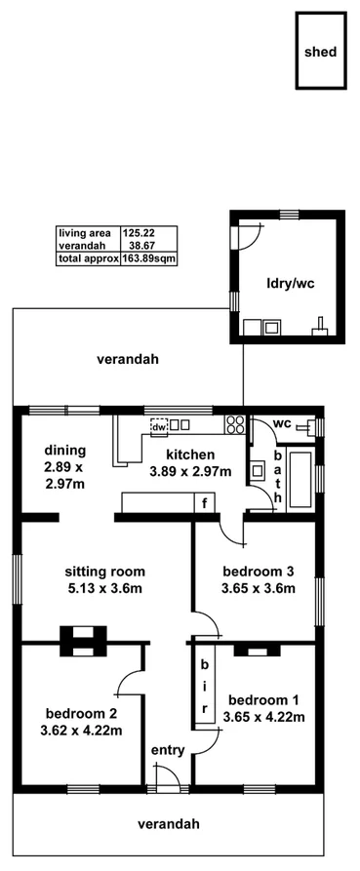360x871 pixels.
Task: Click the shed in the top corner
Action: [x=320, y=51]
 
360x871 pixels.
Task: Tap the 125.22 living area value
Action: [x=138, y=233]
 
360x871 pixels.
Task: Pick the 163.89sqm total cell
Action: [x=149, y=258]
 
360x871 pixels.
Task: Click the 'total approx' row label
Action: [x=88, y=258]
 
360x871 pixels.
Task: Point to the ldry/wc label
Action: [x=289, y=285]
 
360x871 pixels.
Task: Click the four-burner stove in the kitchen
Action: [x=235, y=423]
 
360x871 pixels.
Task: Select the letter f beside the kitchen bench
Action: [x=205, y=503]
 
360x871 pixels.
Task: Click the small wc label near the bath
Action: [x=281, y=423]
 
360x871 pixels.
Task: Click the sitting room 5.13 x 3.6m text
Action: [x=104, y=579]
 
